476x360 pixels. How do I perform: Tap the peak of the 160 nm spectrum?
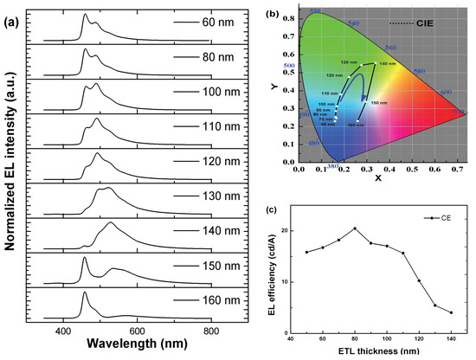(84, 293)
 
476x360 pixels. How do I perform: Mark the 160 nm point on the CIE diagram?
(355, 120)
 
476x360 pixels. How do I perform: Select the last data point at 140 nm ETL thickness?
(451, 312)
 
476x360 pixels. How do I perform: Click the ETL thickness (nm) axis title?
(387, 352)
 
